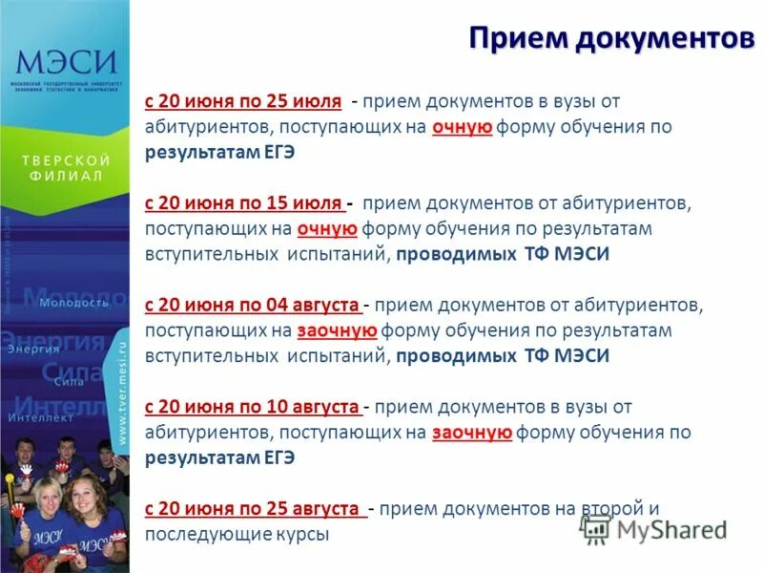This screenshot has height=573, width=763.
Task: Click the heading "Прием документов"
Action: click(x=606, y=38)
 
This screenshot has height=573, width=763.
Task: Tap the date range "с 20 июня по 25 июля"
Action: click(x=243, y=100)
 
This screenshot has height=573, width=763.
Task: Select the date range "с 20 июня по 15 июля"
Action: click(x=243, y=203)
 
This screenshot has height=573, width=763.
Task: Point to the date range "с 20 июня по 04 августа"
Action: click(x=253, y=306)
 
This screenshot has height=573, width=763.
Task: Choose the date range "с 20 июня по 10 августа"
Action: click(x=253, y=407)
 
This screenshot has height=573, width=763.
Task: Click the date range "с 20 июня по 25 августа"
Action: click(x=256, y=509)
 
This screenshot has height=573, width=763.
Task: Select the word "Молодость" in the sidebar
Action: click(x=74, y=303)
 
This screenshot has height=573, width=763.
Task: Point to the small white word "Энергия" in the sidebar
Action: click(x=33, y=350)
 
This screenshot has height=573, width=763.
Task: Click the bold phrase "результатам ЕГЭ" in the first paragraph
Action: click(x=219, y=152)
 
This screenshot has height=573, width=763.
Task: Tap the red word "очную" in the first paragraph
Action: click(x=462, y=126)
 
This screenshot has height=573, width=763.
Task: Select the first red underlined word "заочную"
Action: click(x=339, y=330)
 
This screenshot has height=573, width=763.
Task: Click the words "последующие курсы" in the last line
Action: click(x=237, y=535)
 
